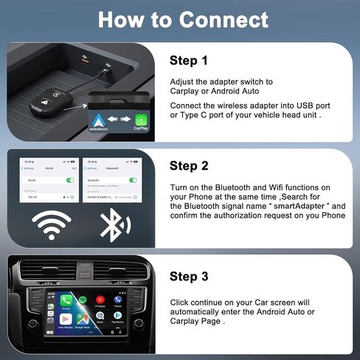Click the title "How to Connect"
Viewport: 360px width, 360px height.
[x=182, y=19]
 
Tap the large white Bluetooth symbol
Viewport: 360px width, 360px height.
[x=112, y=224]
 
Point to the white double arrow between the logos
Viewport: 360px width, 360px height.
[x=120, y=120]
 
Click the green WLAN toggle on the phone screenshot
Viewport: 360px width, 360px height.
[x=71, y=179]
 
